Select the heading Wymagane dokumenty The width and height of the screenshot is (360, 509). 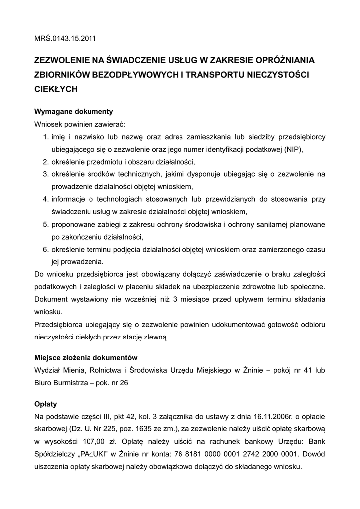click(x=74, y=111)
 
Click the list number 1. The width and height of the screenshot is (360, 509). click(x=44, y=137)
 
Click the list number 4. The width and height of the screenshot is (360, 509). click(x=44, y=199)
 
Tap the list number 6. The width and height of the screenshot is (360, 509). click(x=44, y=249)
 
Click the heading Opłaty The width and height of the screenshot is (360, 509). click(x=46, y=404)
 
